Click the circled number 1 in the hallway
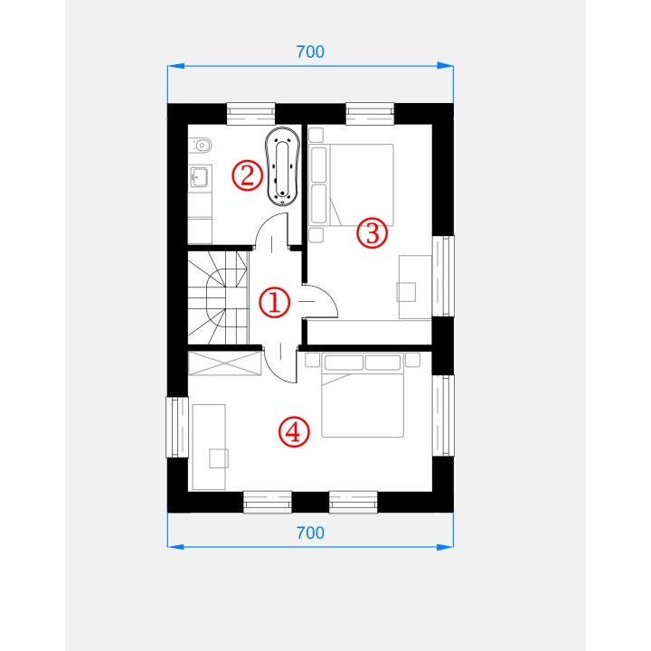274,303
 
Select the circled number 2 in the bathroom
247,175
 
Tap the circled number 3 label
372,233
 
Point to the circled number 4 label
294,432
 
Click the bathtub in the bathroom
282,166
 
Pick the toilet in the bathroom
201,146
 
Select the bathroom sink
200,177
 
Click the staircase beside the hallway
219,297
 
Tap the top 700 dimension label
310,52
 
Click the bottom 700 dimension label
310,533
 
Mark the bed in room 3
351,185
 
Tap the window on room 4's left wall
178,427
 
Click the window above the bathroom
250,113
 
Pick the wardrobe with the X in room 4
224,363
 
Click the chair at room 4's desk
219,458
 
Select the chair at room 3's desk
406,292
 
